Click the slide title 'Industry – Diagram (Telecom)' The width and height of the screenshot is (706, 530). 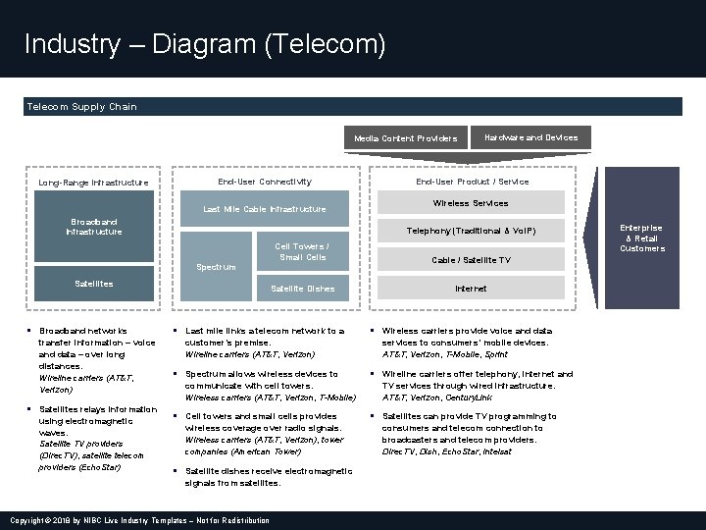pyautogui.click(x=205, y=44)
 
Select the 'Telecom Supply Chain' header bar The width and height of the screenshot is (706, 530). pyautogui.click(x=353, y=106)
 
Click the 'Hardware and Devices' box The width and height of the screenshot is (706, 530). pyautogui.click(x=532, y=137)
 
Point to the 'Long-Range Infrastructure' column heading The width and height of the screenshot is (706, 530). pyautogui.click(x=93, y=182)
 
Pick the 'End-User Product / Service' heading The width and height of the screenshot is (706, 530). pyautogui.click(x=472, y=182)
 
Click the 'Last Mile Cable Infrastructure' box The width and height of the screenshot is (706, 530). pyautogui.click(x=264, y=209)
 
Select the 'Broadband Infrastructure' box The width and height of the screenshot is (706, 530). pyautogui.click(x=94, y=228)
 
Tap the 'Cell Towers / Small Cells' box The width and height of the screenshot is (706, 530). pyautogui.click(x=301, y=252)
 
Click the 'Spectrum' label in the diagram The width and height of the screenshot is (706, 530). pyautogui.click(x=216, y=266)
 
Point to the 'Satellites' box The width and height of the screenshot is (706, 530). pyautogui.click(x=94, y=284)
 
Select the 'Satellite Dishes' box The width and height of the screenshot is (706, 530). pyautogui.click(x=303, y=289)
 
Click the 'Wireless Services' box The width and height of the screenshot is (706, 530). pyautogui.click(x=471, y=203)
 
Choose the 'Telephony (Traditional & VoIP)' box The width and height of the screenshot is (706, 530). pyautogui.click(x=471, y=232)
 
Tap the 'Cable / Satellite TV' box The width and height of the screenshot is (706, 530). pyautogui.click(x=471, y=260)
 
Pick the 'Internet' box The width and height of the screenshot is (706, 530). pyautogui.click(x=471, y=289)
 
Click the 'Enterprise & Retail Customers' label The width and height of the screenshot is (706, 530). pyautogui.click(x=641, y=238)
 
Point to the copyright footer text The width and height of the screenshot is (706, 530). pyautogui.click(x=138, y=520)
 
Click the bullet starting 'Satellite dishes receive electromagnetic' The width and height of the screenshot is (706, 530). pyautogui.click(x=268, y=477)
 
